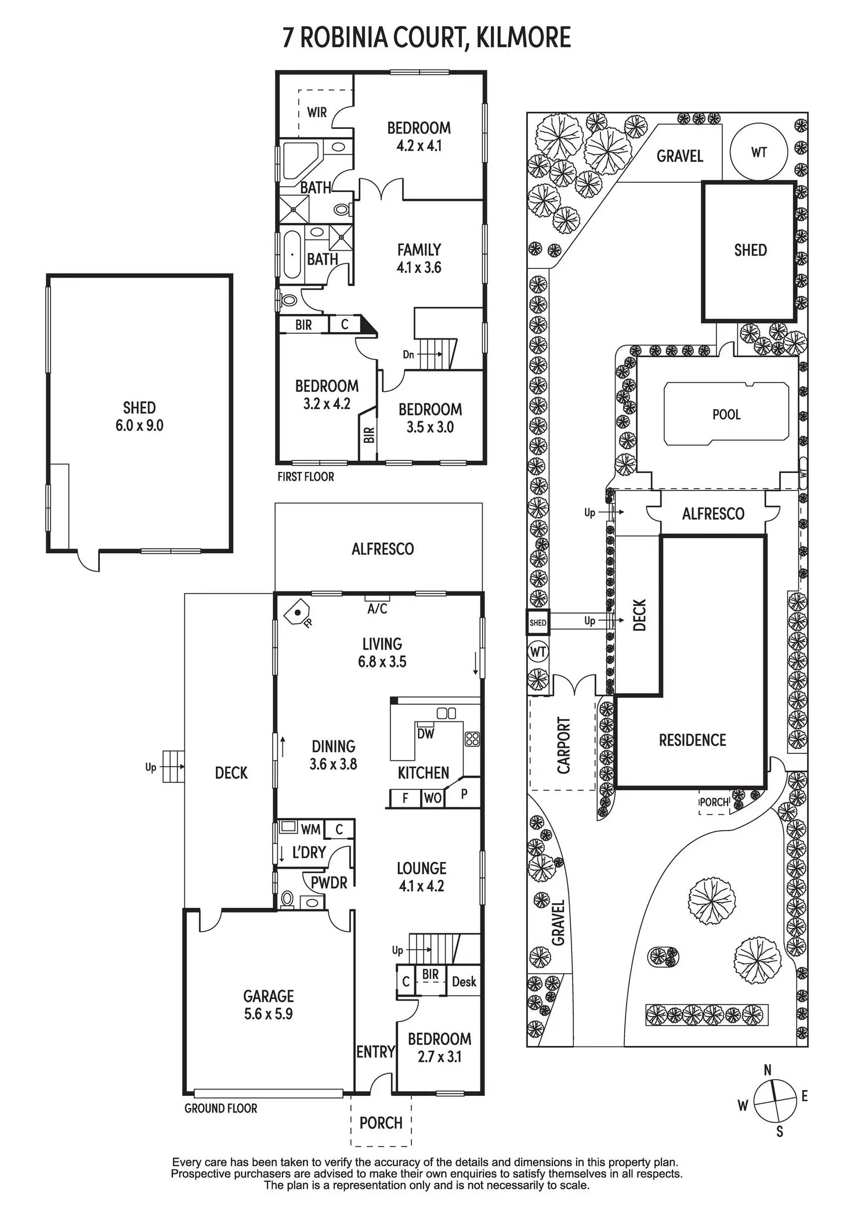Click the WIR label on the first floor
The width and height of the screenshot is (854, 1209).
click(x=317, y=112)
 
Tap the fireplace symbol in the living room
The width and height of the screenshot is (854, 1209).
click(x=298, y=613)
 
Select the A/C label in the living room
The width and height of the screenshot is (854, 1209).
click(x=377, y=609)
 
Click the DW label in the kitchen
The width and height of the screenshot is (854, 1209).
click(x=426, y=734)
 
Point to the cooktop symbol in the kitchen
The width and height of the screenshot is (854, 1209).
click(x=472, y=739)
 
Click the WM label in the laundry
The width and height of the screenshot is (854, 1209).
click(x=311, y=829)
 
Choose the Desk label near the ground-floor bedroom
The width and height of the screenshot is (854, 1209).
click(x=464, y=981)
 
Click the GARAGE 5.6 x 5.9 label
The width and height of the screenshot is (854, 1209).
click(x=268, y=1005)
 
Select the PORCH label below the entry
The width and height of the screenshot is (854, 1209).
click(x=381, y=1123)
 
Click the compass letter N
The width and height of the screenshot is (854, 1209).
click(x=768, y=1070)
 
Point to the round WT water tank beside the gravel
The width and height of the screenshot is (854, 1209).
click(x=759, y=152)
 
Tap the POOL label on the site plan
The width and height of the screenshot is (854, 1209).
click(x=726, y=414)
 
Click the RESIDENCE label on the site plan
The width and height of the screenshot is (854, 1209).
click(x=693, y=740)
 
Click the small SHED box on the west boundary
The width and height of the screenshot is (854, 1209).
click(x=538, y=623)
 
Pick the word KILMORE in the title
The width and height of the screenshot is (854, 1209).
click(x=523, y=37)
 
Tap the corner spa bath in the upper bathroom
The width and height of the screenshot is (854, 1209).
click(x=301, y=160)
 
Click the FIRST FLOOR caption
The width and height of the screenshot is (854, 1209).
click(x=306, y=477)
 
